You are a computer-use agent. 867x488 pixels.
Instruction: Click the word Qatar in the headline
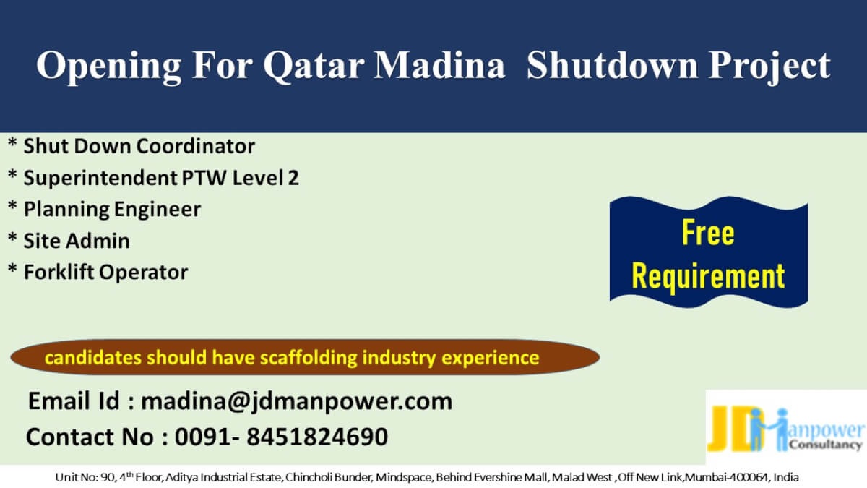point(314,66)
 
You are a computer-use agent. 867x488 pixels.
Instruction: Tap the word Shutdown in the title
point(613,65)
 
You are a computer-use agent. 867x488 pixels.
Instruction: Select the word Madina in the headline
point(439,65)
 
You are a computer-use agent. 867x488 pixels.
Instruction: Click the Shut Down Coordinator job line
point(139,146)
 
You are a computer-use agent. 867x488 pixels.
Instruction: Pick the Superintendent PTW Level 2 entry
point(161,178)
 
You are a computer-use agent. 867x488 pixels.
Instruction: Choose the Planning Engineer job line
point(112,210)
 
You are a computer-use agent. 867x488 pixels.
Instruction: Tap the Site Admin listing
point(77,241)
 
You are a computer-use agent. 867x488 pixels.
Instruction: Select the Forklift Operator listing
point(105,273)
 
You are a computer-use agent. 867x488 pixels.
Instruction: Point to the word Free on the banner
point(708,232)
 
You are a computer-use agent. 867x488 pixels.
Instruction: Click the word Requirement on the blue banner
point(708,275)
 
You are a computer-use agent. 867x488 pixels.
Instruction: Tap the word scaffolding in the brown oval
point(309,358)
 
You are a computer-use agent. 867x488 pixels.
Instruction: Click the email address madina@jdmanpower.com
point(296,401)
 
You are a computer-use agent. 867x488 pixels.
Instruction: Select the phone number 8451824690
point(317,437)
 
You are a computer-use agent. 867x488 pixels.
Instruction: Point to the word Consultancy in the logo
point(824,445)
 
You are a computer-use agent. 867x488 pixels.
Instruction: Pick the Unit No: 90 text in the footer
point(84,477)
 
